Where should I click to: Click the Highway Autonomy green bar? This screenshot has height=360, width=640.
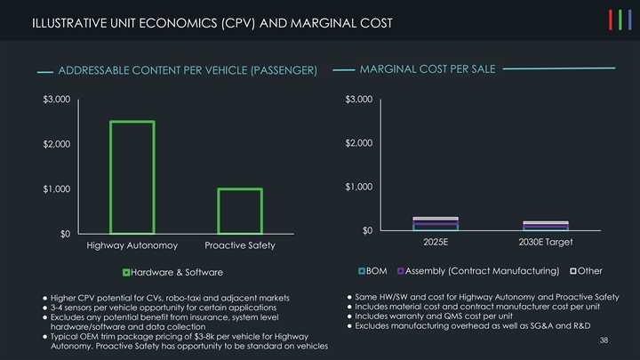click(132, 177)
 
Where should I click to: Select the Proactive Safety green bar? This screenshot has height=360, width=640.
click(239, 211)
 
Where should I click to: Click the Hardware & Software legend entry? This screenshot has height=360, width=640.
click(173, 271)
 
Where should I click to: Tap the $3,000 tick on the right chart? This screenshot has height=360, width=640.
click(359, 100)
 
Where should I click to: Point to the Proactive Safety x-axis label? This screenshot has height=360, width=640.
click(240, 245)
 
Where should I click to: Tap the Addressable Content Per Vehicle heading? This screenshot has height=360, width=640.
click(187, 70)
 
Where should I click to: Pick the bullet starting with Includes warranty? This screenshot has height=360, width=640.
click(428, 316)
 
